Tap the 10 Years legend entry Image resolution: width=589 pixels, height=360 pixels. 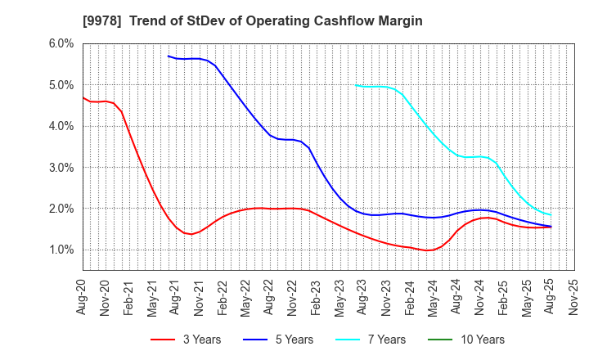[474, 340]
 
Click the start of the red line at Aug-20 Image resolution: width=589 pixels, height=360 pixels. [83, 97]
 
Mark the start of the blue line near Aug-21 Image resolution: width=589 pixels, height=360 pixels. [168, 56]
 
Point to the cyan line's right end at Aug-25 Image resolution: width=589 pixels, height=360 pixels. [551, 215]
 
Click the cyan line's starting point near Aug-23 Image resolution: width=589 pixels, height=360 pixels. [355, 85]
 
